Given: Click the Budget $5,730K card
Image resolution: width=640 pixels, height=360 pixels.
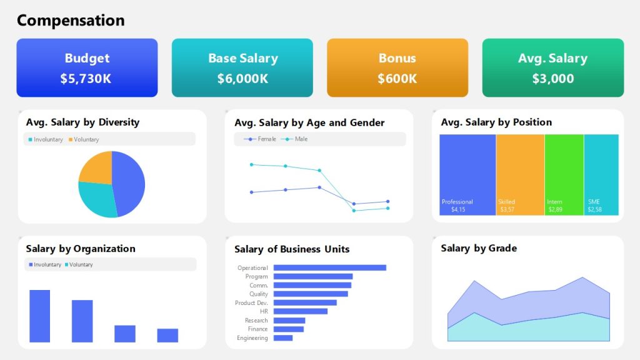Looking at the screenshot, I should coord(87,67).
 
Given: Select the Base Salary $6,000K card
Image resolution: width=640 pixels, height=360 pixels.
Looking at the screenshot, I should coord(242,67).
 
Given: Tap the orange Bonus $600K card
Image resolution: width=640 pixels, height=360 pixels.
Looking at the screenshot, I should coord(397,67).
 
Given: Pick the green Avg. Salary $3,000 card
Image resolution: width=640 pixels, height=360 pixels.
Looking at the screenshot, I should coord(552,67).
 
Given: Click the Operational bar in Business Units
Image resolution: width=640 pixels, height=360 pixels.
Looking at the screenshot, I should coord(329,267).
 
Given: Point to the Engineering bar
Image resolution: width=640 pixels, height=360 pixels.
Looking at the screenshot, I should coord(283,338).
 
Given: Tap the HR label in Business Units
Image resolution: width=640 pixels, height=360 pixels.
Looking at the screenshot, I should coord(264,311).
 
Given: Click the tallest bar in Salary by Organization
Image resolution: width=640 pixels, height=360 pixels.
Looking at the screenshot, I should coord(39,316).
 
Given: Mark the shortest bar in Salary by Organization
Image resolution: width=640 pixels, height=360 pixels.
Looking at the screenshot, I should coord(167,336).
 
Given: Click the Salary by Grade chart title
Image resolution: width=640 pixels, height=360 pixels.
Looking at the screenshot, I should coord(479,248).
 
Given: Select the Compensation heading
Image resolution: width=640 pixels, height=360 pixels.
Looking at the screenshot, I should coord(71,21).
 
